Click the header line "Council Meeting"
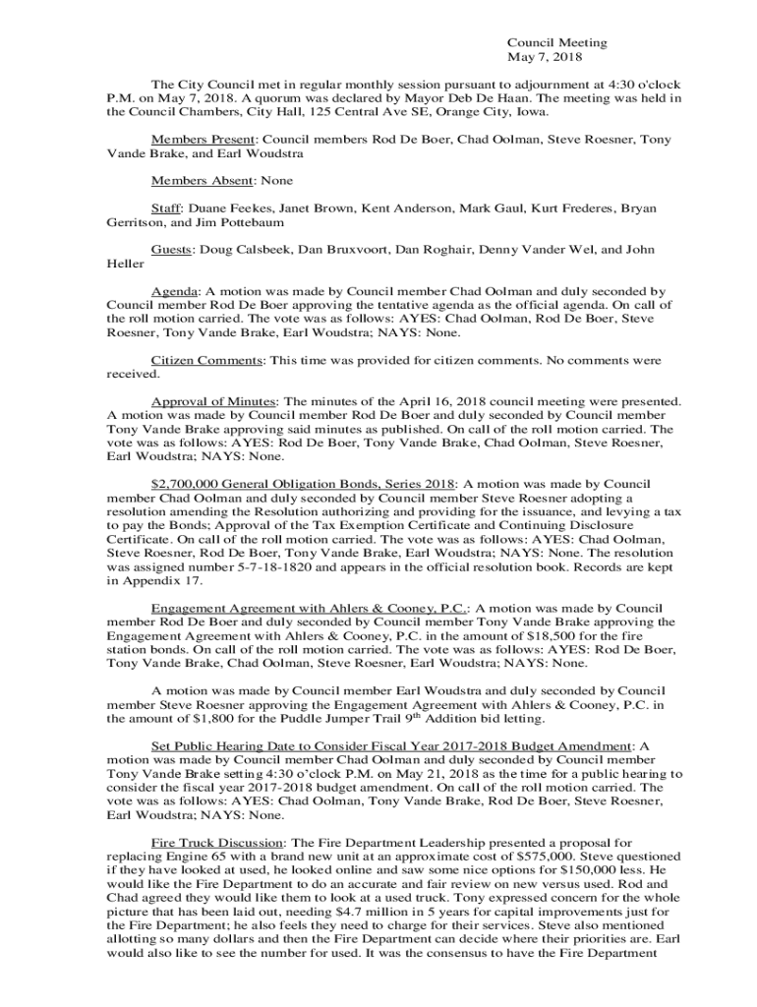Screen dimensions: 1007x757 tap(556, 42)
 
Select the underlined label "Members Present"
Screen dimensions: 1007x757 tap(204, 140)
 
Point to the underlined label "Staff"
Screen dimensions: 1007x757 tap(165, 208)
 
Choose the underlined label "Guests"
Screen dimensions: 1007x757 tap(170, 250)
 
